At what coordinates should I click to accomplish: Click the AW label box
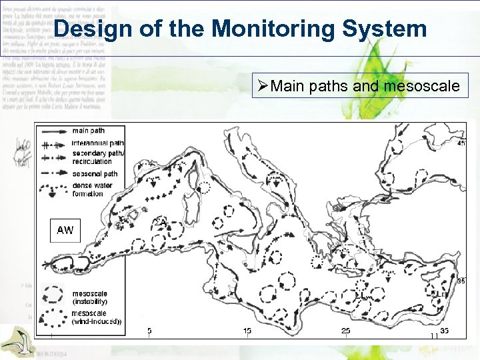point(65,230)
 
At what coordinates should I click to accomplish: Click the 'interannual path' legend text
point(97,143)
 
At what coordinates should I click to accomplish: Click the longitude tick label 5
point(149,331)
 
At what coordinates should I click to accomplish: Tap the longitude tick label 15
point(247,331)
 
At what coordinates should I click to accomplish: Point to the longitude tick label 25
point(345,331)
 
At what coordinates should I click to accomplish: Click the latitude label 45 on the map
point(461,143)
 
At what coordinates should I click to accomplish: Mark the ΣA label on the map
point(161,223)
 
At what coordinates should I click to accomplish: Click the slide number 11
point(434,337)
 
